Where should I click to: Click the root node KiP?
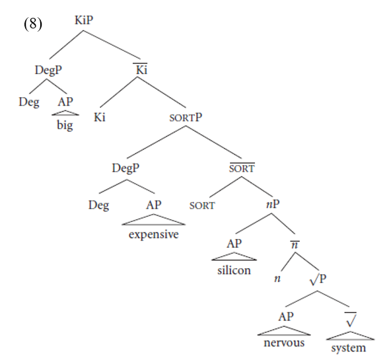coord(84,20)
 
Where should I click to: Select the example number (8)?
coord(33,24)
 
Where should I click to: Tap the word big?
coord(65,126)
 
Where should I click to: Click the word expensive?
coord(153,234)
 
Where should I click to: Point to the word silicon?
coord(234,270)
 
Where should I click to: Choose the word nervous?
coord(284,343)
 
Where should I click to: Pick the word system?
coord(349,348)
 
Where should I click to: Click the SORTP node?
coord(186,118)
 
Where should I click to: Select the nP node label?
coord(273,204)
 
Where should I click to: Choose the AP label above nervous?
coord(286,317)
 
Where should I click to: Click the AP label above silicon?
coord(234,244)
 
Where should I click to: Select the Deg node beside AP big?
coord(29,102)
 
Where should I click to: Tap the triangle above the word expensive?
coord(153,219)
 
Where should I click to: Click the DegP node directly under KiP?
coord(48,70)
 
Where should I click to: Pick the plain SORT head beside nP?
coord(202,205)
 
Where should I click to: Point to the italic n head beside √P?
coord(277,279)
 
